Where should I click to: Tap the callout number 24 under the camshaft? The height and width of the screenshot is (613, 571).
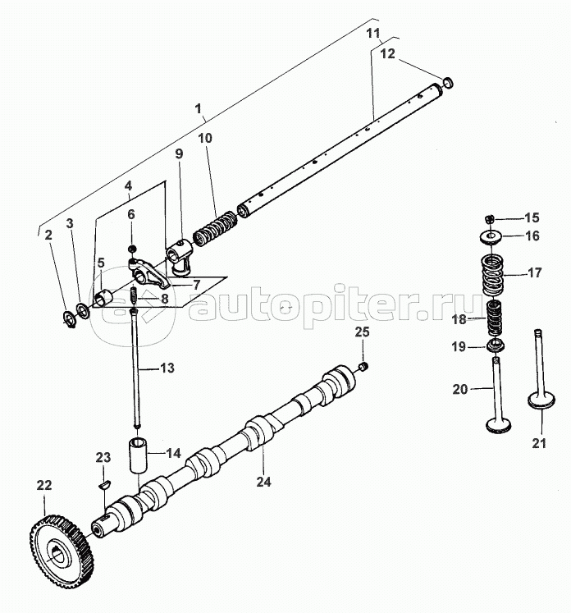pyautogui.click(x=263, y=482)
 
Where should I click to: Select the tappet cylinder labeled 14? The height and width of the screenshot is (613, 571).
pyautogui.click(x=139, y=455)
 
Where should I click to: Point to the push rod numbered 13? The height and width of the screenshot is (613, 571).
pyautogui.click(x=135, y=368)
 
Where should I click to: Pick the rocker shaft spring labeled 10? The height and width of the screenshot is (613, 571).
pyautogui.click(x=215, y=229)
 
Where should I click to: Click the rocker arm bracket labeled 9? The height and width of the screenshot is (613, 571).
pyautogui.click(x=180, y=257)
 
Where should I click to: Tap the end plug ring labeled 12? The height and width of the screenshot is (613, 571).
pyautogui.click(x=448, y=83)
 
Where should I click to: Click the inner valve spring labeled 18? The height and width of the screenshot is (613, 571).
pyautogui.click(x=495, y=318)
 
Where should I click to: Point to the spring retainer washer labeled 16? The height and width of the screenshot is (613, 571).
pyautogui.click(x=489, y=237)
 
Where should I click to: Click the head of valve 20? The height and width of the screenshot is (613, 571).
pyautogui.click(x=499, y=425)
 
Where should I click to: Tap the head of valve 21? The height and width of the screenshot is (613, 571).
pyautogui.click(x=541, y=402)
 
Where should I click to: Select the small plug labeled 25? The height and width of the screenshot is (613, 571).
pyautogui.click(x=363, y=367)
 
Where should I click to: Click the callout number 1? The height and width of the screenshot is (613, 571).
pyautogui.click(x=199, y=108)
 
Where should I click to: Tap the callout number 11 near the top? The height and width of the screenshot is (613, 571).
pyautogui.click(x=373, y=33)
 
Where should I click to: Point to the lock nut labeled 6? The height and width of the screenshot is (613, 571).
pyautogui.click(x=132, y=249)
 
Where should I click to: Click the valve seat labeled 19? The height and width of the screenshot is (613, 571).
pyautogui.click(x=496, y=346)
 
